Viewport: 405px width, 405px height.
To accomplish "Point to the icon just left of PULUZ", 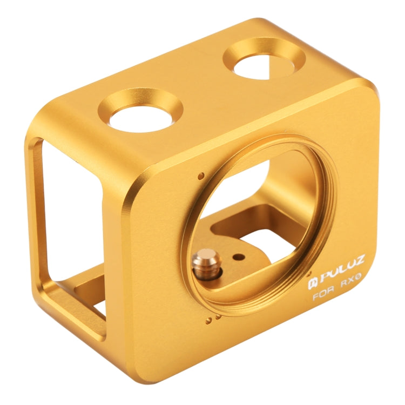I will click(x=312, y=283).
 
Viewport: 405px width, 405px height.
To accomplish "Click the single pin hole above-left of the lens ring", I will click(x=201, y=175).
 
